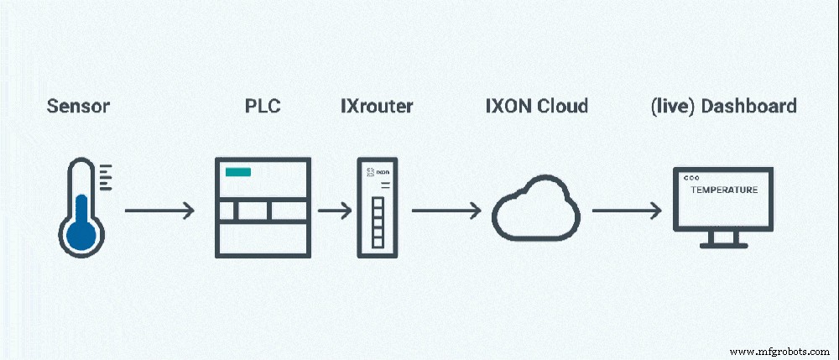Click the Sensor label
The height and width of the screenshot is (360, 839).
pos(78,107)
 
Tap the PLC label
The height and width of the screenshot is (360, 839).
pos(263,107)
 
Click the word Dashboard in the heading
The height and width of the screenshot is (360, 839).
pos(748,107)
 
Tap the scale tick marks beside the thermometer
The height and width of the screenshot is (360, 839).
pos(105,178)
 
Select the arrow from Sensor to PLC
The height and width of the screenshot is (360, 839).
pos(159,211)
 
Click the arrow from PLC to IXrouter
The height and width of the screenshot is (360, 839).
pos(334,211)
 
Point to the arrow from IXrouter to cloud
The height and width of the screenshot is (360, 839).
pos(445,211)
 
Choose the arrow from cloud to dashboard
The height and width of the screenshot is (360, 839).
pos(626,211)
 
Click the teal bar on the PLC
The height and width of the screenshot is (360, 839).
pos(237,172)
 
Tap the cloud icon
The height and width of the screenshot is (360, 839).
pos(535,211)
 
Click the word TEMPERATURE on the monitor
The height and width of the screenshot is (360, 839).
pos(723,190)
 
